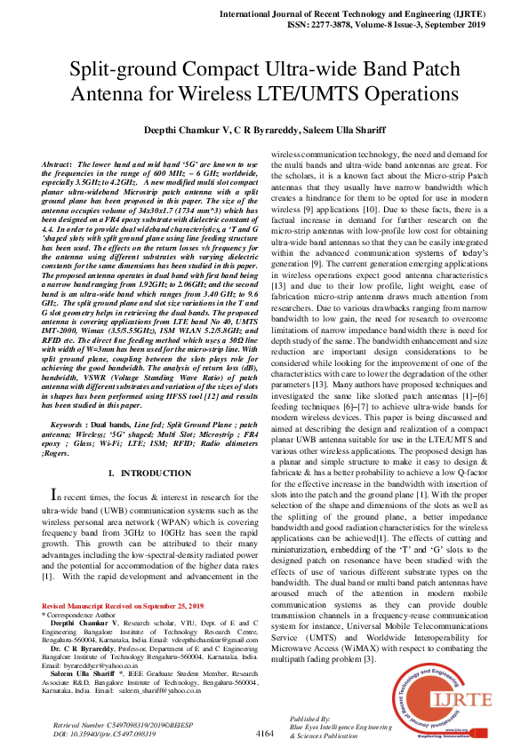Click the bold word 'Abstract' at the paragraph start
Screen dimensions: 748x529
click(x=56, y=165)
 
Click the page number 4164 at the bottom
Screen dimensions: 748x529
click(x=264, y=733)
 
